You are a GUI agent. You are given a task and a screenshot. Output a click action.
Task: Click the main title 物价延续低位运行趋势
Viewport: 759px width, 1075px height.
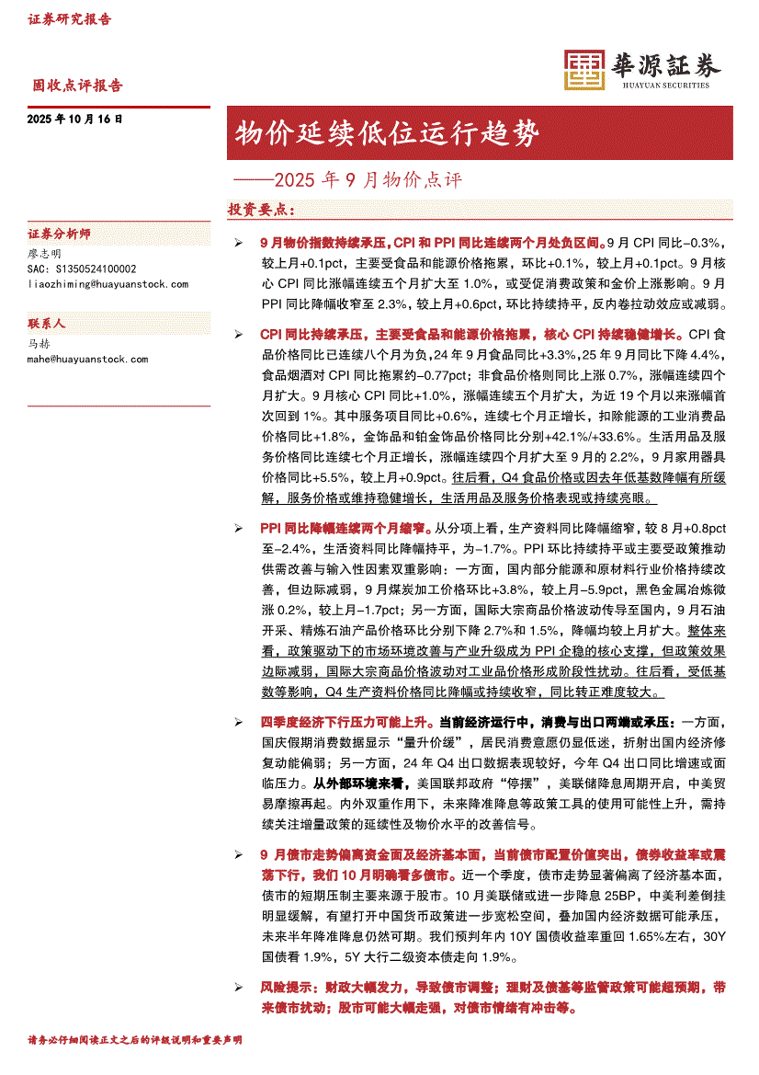(385, 133)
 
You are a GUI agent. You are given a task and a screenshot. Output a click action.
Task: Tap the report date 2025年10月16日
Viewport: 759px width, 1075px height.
(75, 120)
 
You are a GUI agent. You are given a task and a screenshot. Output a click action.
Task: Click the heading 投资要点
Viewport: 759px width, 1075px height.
(260, 210)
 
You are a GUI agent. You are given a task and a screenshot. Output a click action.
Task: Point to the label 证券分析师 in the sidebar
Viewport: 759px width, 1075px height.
(60, 234)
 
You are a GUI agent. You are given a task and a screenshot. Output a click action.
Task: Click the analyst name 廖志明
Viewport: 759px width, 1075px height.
(45, 253)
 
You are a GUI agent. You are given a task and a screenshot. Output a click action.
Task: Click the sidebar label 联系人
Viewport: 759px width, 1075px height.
(47, 325)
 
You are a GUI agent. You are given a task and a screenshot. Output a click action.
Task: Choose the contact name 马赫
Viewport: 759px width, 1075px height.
(40, 344)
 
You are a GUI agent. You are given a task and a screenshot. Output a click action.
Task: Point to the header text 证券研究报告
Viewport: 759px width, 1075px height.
(69, 19)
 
